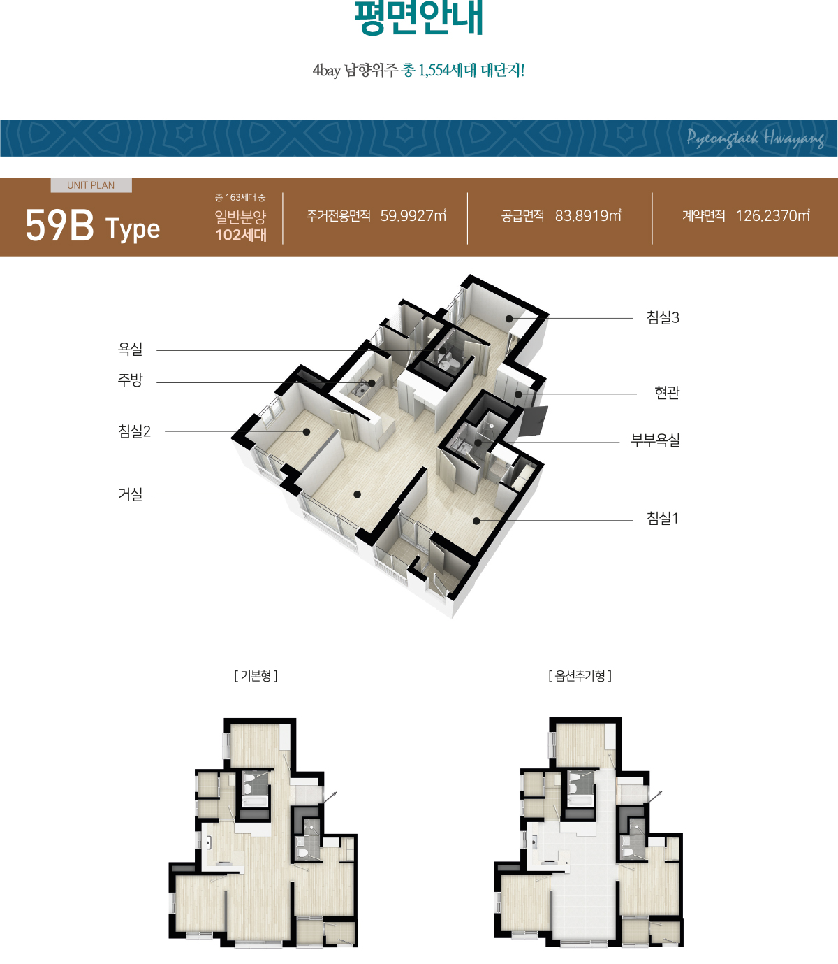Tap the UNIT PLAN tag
coord(91,185)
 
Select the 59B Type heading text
coord(93,226)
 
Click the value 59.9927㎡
coord(413,215)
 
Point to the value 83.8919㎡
coord(588,215)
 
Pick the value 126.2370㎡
coord(772,215)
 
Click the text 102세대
coord(241,235)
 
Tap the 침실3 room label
coord(663,317)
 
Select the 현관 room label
coord(667,392)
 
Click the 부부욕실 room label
coord(656,440)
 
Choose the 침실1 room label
coord(663,518)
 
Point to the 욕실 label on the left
coord(130,349)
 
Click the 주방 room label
coord(130,380)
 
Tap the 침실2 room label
coord(134,431)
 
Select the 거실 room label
coord(130,494)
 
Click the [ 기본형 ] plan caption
coord(256,676)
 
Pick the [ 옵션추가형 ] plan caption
coord(580,676)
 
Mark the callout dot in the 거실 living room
coord(357,494)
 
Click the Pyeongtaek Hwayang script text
coord(756,138)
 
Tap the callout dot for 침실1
coord(476,521)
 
